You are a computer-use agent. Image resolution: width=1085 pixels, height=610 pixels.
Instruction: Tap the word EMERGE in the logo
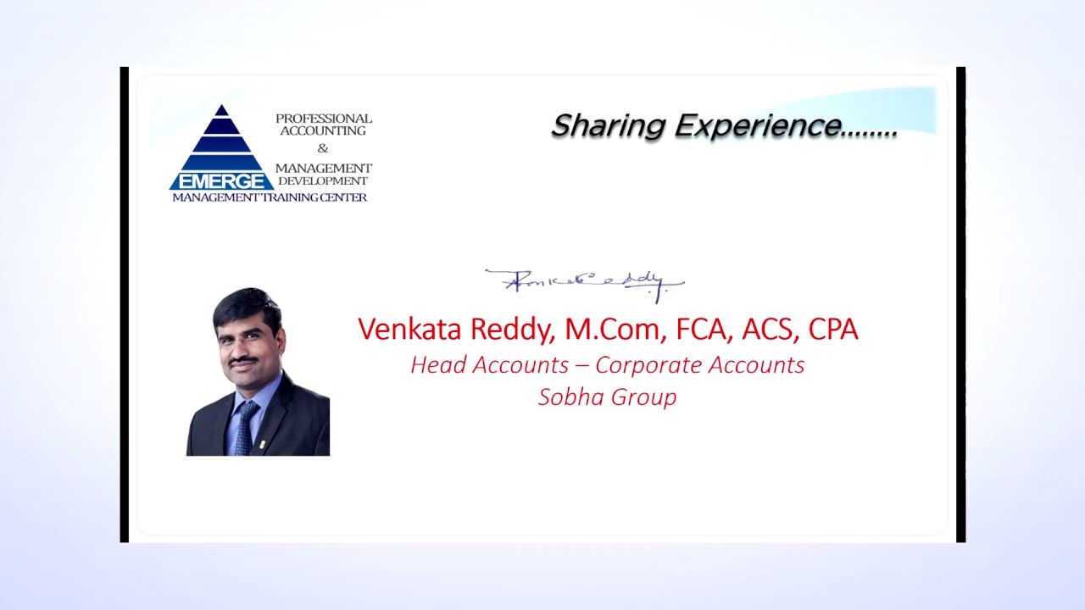click(221, 181)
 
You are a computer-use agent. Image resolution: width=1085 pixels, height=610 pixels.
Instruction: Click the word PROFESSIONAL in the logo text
click(323, 119)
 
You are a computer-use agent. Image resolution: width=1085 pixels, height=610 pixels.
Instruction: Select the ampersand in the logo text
click(322, 149)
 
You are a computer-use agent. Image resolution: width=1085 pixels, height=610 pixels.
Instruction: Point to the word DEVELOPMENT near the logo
click(323, 181)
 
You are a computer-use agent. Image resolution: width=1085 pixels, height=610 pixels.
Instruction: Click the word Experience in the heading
click(757, 126)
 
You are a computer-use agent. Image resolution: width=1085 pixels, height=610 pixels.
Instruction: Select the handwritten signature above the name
click(583, 282)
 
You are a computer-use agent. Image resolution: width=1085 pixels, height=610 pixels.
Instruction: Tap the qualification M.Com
click(614, 329)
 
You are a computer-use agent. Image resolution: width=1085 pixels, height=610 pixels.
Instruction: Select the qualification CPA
click(833, 329)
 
